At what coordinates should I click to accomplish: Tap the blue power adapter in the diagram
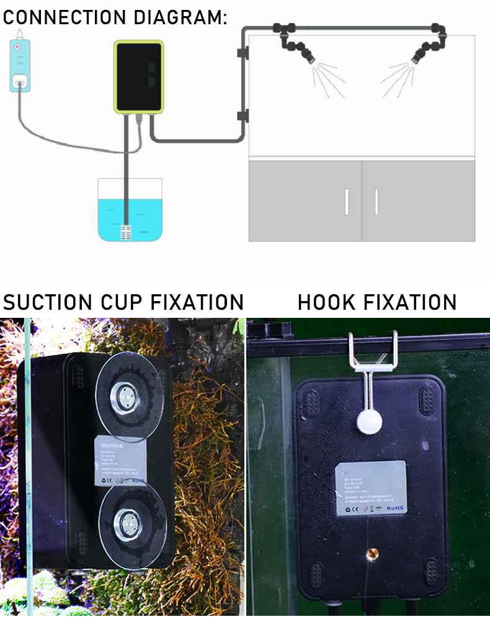point(19,65)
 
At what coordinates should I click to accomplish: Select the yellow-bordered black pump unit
point(139,76)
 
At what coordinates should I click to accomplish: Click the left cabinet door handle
point(346,202)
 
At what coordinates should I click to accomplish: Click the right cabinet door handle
point(376,202)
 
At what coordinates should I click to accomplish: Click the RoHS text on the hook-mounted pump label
point(394,507)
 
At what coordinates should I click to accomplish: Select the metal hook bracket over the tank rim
point(372,357)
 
